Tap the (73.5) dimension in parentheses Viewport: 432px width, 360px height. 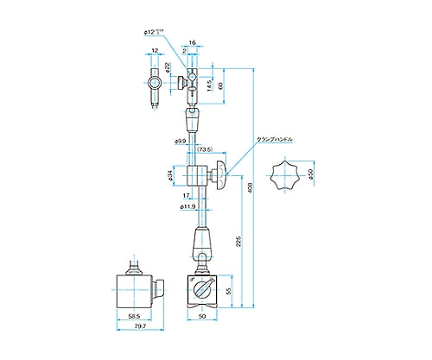pos(205,148)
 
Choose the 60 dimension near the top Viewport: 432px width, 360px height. pos(221,85)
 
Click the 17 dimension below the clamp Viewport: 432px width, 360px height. pos(187,195)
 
